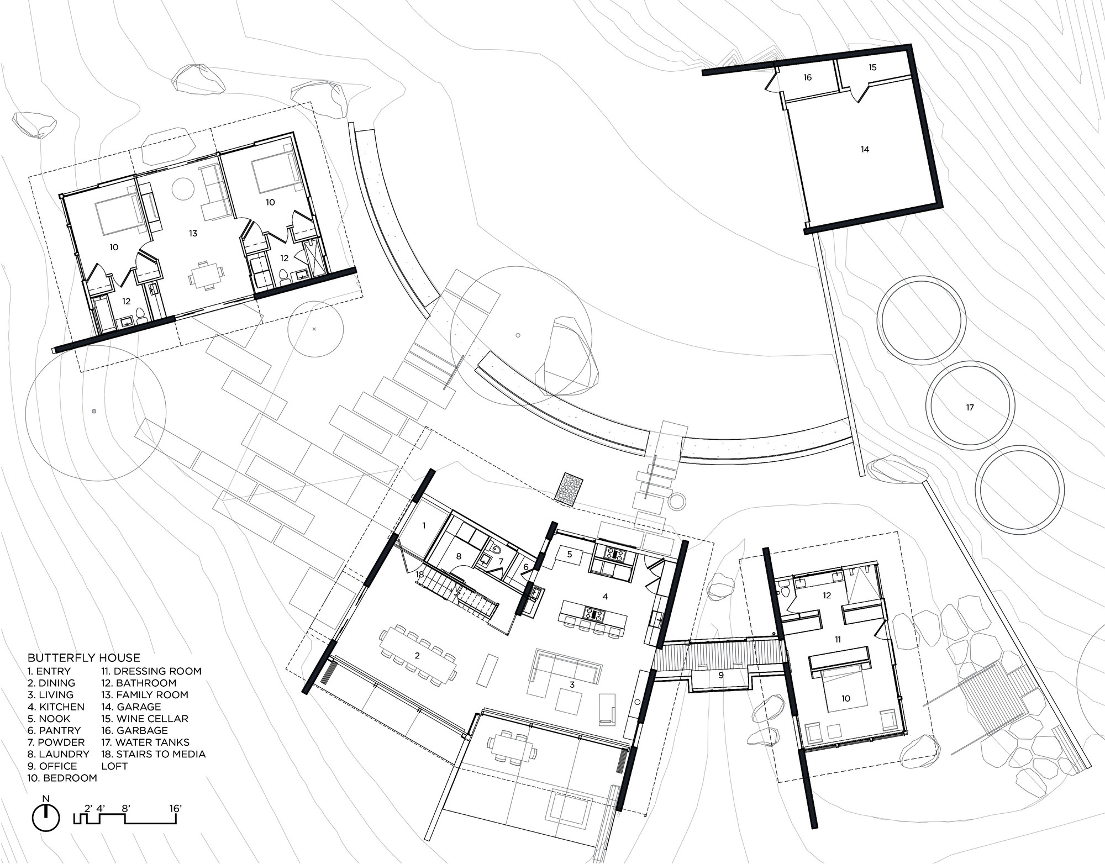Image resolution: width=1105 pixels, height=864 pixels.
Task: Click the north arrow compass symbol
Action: coord(46,818)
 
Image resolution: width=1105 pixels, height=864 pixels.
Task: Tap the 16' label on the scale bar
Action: coord(176,808)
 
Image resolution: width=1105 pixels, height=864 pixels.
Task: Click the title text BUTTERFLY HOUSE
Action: coord(84,657)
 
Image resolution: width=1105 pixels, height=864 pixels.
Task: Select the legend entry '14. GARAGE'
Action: coord(131,707)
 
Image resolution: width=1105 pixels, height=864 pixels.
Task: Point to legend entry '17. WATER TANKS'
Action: coord(145,742)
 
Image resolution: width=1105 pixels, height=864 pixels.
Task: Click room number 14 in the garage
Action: coord(865,149)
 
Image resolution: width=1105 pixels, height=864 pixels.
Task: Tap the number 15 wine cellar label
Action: coord(872,67)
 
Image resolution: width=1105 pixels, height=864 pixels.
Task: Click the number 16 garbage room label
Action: coord(807,78)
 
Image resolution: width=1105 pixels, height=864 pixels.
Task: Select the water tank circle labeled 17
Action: coord(970,407)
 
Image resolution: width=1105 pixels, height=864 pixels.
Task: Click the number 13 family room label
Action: coord(193,234)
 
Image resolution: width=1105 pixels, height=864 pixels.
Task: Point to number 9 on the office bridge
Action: coord(720,675)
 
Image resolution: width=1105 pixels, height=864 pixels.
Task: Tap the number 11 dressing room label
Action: coord(838,639)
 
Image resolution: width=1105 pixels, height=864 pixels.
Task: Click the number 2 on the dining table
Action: coord(417,655)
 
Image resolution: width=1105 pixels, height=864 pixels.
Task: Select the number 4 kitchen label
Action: coord(605,597)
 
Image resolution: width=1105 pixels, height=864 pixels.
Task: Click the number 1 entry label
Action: coord(424,525)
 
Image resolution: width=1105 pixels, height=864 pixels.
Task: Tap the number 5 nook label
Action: coord(570,554)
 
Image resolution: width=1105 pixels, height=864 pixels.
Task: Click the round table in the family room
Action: coord(183,189)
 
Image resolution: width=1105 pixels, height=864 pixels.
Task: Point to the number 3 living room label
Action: coord(572,684)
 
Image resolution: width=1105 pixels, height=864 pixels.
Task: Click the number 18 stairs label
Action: coord(420,575)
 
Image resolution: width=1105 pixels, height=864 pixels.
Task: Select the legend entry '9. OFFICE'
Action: coord(52,766)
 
